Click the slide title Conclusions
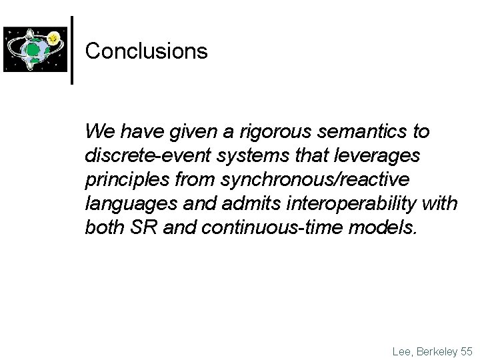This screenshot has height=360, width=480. [147, 51]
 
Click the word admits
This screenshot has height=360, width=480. [243, 205]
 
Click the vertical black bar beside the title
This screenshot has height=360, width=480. [72, 50]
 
